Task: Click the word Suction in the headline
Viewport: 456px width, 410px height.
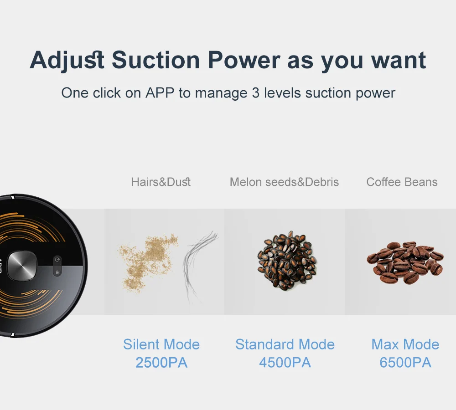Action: [x=155, y=60]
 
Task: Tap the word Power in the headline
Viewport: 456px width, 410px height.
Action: [x=244, y=60]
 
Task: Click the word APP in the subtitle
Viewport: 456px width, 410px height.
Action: [x=160, y=93]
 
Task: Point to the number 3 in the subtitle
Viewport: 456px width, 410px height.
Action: [x=256, y=93]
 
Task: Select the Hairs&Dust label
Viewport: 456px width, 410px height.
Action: [x=161, y=182]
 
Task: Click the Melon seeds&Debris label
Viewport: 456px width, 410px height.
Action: [x=284, y=182]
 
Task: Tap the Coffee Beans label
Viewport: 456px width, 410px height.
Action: [x=402, y=182]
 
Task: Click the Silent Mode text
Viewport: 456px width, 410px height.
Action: [x=161, y=344]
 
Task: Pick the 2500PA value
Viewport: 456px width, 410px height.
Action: [x=161, y=363]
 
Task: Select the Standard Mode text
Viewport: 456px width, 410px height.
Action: [x=285, y=344]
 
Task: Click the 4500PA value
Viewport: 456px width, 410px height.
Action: [x=285, y=363]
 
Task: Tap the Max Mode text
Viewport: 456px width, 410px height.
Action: [x=405, y=344]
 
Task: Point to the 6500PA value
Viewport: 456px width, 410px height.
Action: [x=405, y=363]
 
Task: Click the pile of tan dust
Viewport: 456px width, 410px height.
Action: [x=148, y=261]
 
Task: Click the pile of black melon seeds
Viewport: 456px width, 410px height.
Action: [x=286, y=261]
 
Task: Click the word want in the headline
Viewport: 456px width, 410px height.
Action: [x=399, y=60]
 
